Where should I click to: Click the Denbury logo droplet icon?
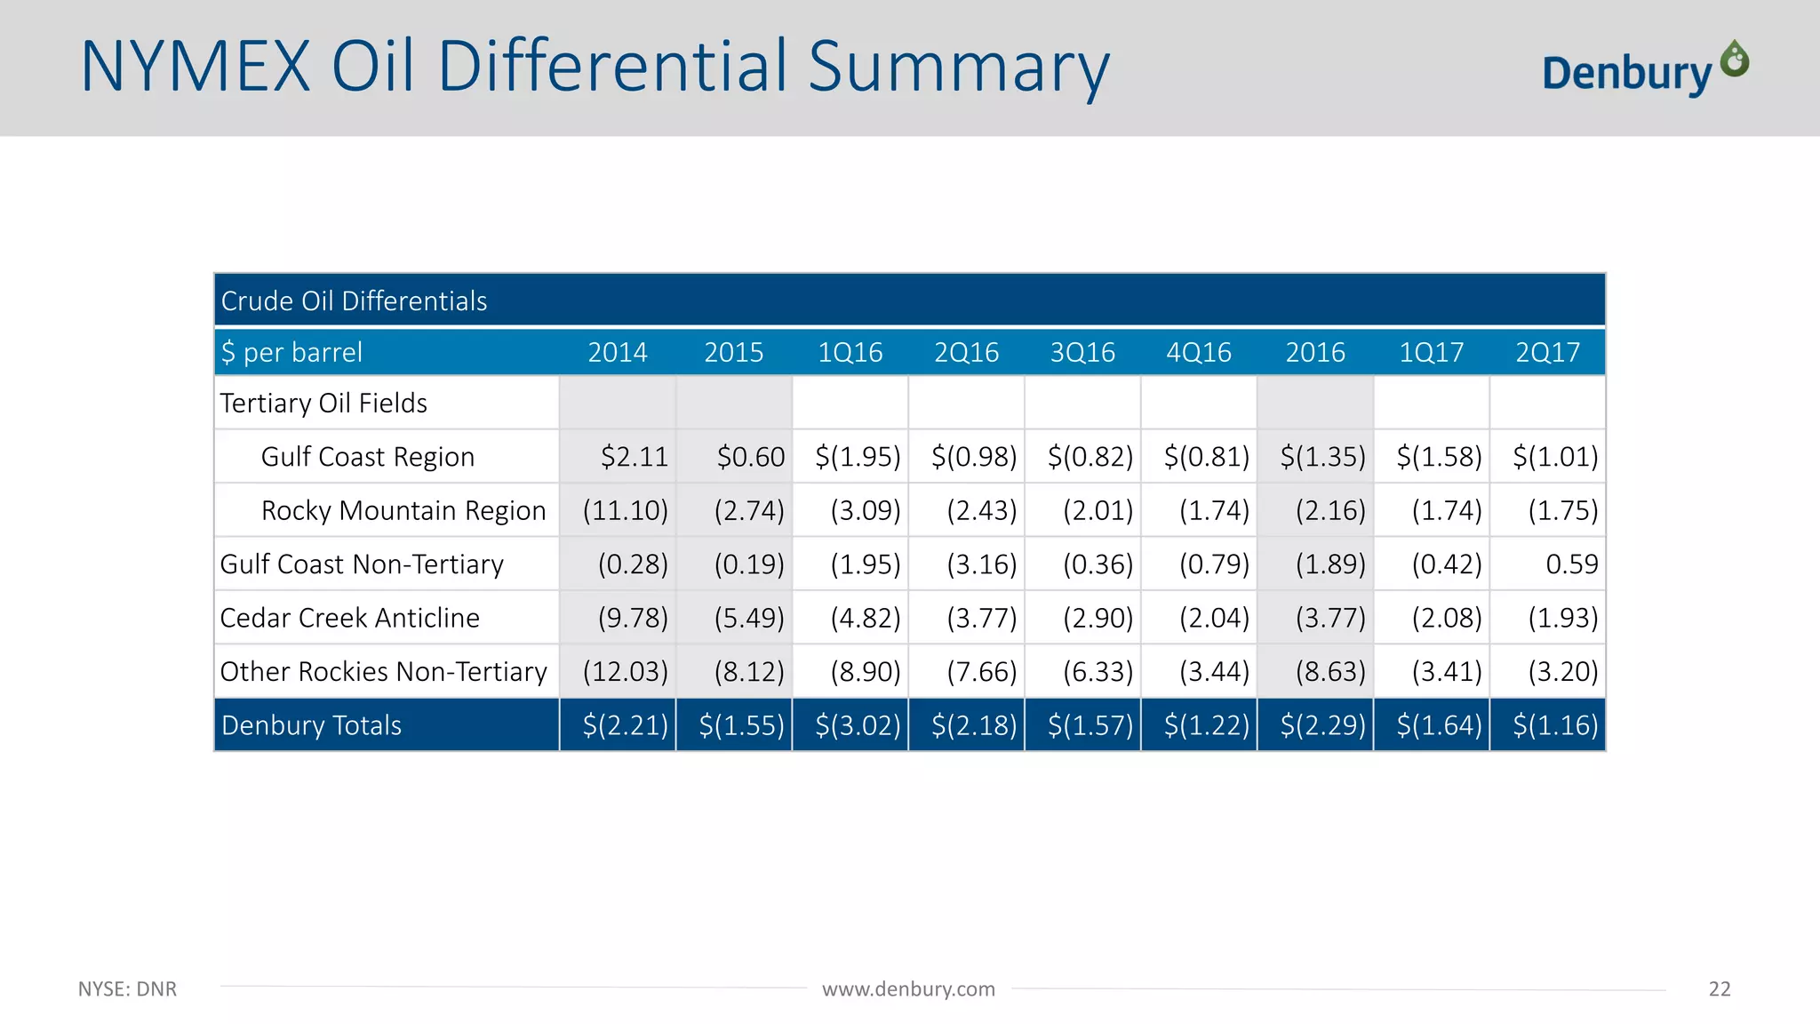click(1735, 59)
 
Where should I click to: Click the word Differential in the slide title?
click(612, 67)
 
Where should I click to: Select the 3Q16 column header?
click(1082, 353)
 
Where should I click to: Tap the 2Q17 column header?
click(1547, 353)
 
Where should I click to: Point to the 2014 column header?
click(618, 353)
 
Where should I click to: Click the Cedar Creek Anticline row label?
click(349, 618)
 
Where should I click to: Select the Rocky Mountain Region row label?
click(403, 510)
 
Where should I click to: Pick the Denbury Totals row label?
click(311, 725)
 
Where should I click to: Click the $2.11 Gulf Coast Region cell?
click(634, 457)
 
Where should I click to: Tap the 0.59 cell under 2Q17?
click(1571, 564)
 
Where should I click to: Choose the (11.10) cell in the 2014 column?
click(625, 510)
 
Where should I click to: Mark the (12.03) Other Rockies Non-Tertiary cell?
click(625, 671)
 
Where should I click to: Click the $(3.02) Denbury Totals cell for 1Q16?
click(858, 725)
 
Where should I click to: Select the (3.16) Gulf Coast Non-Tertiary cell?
click(981, 564)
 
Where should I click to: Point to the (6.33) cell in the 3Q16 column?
click(1098, 671)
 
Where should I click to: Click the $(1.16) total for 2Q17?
click(1555, 725)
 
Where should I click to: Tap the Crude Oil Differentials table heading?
click(354, 301)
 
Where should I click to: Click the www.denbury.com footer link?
click(908, 989)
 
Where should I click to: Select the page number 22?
click(1719, 989)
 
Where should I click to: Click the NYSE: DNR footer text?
click(127, 989)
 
